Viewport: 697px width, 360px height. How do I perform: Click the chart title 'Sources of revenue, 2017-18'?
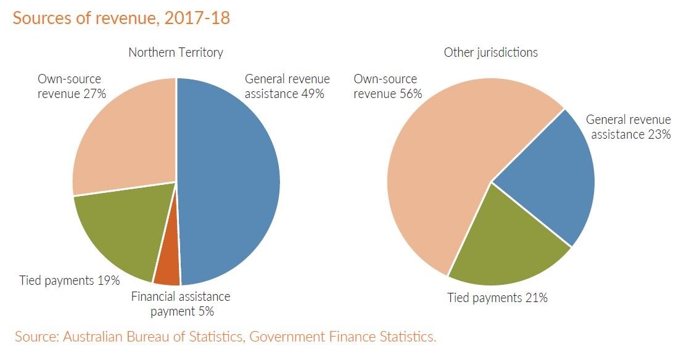[x=122, y=18]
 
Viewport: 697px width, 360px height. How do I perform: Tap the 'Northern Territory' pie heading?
[x=176, y=52]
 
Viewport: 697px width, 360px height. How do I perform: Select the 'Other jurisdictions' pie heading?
[x=491, y=52]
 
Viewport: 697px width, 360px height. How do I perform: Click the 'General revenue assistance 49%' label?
[x=287, y=86]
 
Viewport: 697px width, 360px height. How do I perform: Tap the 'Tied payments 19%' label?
[x=69, y=280]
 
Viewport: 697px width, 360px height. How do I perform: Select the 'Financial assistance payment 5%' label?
[x=181, y=303]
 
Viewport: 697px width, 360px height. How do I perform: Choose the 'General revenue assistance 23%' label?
[x=629, y=126]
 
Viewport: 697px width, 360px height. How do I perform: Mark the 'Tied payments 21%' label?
[x=498, y=298]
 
